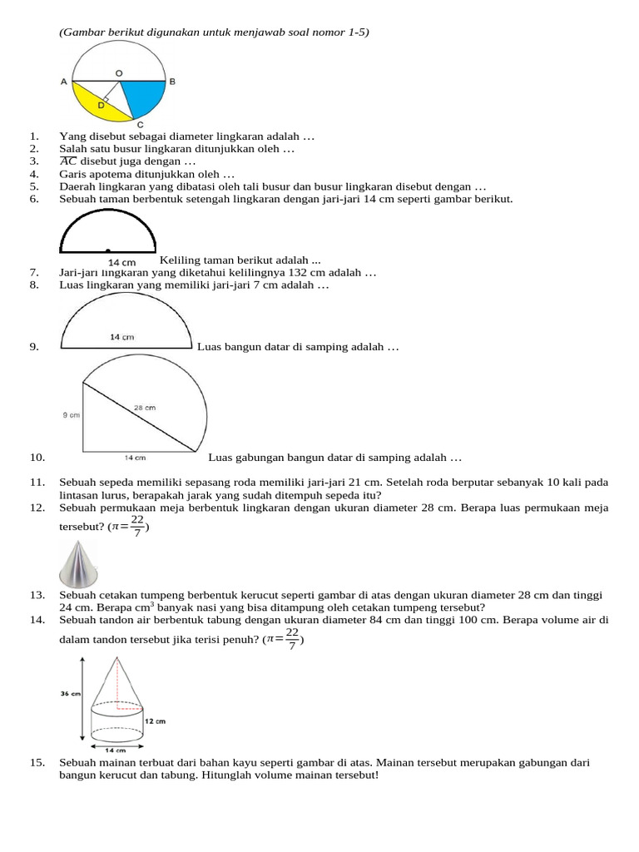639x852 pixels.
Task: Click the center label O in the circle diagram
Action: click(x=119, y=73)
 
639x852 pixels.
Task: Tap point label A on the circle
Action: click(x=64, y=82)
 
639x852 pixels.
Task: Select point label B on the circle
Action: click(x=172, y=82)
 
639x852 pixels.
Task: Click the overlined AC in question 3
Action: click(x=68, y=161)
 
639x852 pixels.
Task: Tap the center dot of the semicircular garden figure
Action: click(x=107, y=250)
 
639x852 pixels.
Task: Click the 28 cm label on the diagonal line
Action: click(x=145, y=408)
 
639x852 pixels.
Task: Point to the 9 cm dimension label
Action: click(x=71, y=414)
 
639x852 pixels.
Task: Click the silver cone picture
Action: click(x=80, y=563)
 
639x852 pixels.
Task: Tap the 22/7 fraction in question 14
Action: click(x=291, y=639)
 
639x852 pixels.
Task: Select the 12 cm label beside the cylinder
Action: click(x=155, y=721)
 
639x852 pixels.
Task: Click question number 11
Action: click(x=36, y=482)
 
